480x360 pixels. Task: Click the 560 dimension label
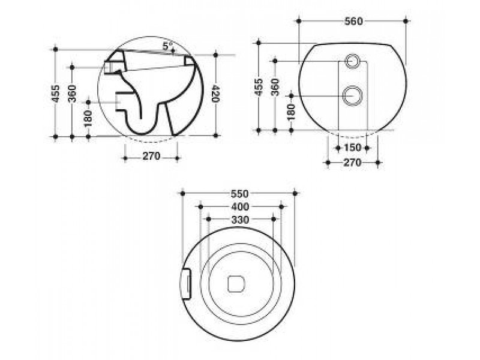tap(353, 22)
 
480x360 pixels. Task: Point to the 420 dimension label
tap(216, 94)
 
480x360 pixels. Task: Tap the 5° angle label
tap(168, 46)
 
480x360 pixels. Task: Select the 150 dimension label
tap(352, 148)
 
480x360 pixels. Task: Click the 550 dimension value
tap(239, 193)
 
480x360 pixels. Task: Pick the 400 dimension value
tap(240, 207)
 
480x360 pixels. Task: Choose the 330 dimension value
tap(240, 220)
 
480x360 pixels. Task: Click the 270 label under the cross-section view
tap(152, 156)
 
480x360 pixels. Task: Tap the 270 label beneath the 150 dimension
tap(352, 163)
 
